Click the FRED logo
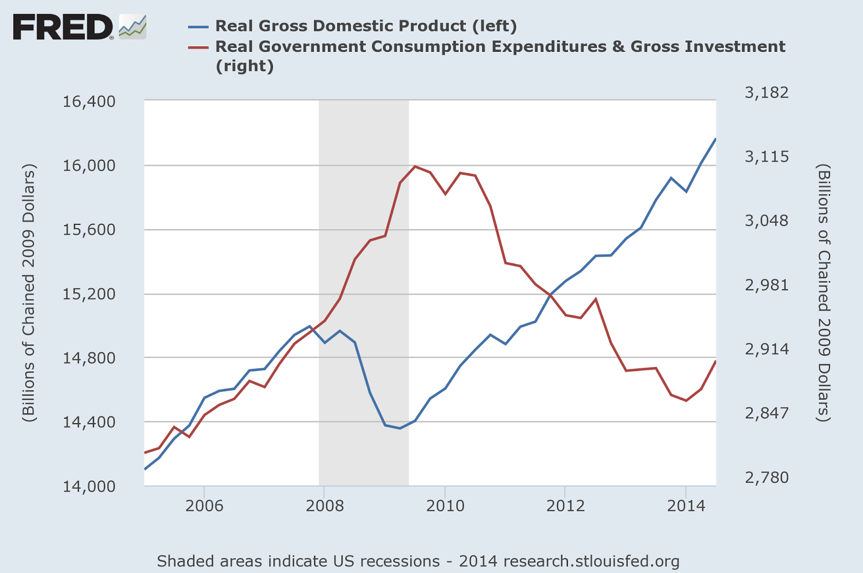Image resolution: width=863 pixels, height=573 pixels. pyautogui.click(x=64, y=27)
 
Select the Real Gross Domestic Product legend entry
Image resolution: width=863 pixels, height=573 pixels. pyautogui.click(x=366, y=26)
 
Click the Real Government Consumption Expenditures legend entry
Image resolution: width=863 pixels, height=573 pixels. pyautogui.click(x=499, y=47)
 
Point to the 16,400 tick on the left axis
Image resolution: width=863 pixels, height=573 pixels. pyautogui.click(x=89, y=101)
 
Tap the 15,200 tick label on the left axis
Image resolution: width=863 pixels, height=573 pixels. pyautogui.click(x=89, y=294)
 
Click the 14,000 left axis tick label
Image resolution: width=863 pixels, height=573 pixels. pyautogui.click(x=89, y=487)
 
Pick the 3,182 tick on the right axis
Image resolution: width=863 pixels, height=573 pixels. pyautogui.click(x=766, y=93)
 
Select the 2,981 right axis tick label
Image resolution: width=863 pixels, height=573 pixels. pyautogui.click(x=766, y=285)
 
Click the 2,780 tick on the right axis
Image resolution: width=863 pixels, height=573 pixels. pyautogui.click(x=766, y=477)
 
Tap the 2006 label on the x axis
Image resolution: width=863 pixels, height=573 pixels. pyautogui.click(x=204, y=506)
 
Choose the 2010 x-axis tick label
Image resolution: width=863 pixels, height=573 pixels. pyautogui.click(x=445, y=506)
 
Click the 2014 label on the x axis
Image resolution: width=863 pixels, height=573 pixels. pyautogui.click(x=686, y=506)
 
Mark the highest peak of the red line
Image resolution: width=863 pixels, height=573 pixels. pyautogui.click(x=415, y=166)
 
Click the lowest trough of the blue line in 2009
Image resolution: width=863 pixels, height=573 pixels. pyautogui.click(x=400, y=428)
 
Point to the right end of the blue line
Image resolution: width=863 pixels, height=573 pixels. pyautogui.click(x=716, y=139)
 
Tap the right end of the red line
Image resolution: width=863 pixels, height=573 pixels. pyautogui.click(x=716, y=361)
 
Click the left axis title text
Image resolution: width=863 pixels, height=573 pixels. pyautogui.click(x=28, y=293)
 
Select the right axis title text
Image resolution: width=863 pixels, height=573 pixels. pyautogui.click(x=823, y=293)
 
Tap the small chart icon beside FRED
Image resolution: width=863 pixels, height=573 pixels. pyautogui.click(x=133, y=26)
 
